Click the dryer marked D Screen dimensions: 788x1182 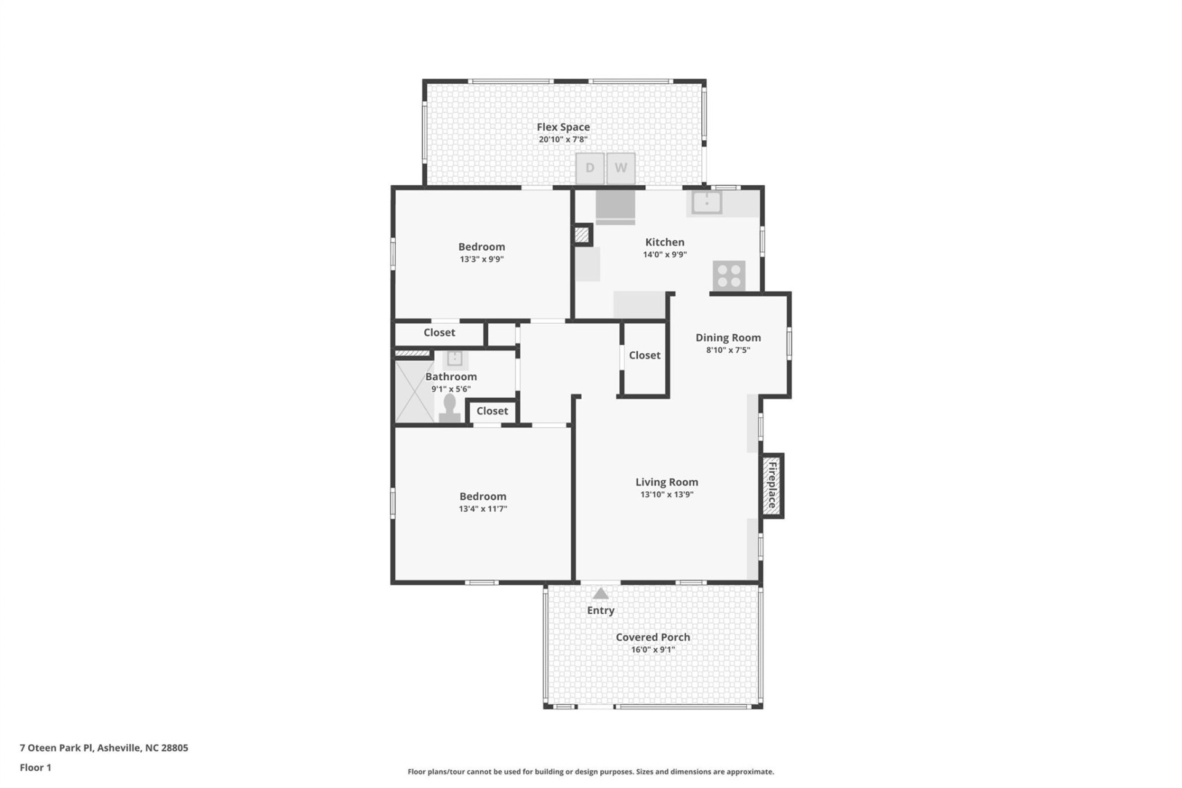pyautogui.click(x=590, y=168)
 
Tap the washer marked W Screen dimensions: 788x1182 pyautogui.click(x=621, y=168)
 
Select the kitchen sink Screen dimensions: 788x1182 pyautogui.click(x=707, y=203)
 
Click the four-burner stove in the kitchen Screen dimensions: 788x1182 pyautogui.click(x=729, y=276)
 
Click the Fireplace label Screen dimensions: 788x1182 pyautogui.click(x=771, y=486)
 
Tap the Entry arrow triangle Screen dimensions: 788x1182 pyautogui.click(x=600, y=594)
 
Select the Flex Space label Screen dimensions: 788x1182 pyautogui.click(x=563, y=127)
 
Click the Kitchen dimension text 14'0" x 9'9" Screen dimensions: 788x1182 pyautogui.click(x=665, y=255)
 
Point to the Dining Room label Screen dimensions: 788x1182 pyautogui.click(x=728, y=337)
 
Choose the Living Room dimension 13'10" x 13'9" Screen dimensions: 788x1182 pyautogui.click(x=667, y=494)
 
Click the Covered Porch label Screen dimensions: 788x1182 pyautogui.click(x=653, y=637)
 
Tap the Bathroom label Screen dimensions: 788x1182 pyautogui.click(x=451, y=377)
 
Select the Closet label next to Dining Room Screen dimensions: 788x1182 pyautogui.click(x=645, y=355)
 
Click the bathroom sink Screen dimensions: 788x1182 pyautogui.click(x=455, y=358)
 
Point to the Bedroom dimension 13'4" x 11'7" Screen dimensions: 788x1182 pyautogui.click(x=483, y=509)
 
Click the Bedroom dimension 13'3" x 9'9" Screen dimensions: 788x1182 pyautogui.click(x=481, y=259)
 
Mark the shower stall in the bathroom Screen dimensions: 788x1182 pyautogui.click(x=414, y=392)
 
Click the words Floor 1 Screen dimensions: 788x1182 pyautogui.click(x=36, y=768)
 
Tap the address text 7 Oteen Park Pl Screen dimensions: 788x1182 pyautogui.click(x=56, y=748)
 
